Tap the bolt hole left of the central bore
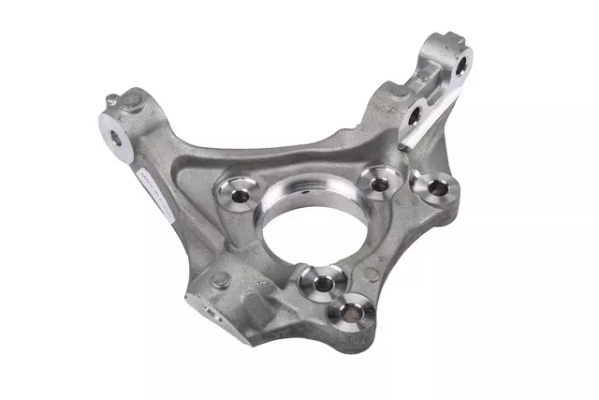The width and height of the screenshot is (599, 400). pyautogui.click(x=230, y=195)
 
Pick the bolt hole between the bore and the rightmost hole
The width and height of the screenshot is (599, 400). pyautogui.click(x=380, y=183)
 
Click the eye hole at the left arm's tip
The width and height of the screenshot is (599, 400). pyautogui.click(x=115, y=137)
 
